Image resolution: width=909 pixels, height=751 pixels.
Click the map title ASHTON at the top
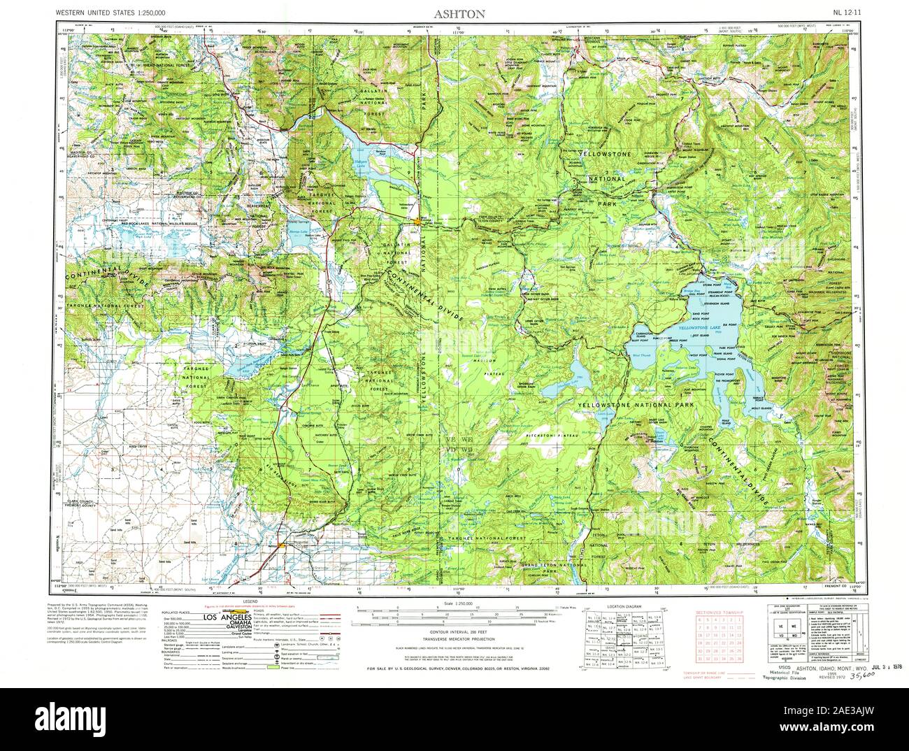454,12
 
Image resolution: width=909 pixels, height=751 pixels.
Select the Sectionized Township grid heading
719,612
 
